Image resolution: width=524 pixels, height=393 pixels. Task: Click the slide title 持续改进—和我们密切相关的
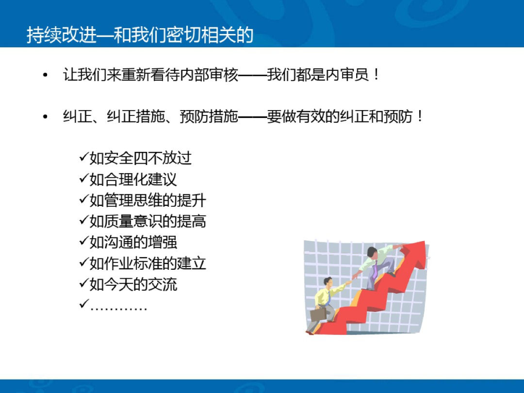click(x=140, y=35)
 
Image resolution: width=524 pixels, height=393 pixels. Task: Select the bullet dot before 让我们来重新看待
click(x=46, y=76)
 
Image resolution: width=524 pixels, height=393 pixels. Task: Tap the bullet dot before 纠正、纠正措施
click(x=46, y=117)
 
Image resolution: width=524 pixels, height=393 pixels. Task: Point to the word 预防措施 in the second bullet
click(x=209, y=117)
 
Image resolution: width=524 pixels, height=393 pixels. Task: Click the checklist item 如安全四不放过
click(x=140, y=158)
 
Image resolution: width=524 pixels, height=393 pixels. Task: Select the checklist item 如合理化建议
click(x=133, y=180)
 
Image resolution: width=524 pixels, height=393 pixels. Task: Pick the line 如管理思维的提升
click(x=147, y=200)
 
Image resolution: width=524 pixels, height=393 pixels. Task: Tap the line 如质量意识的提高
click(x=147, y=221)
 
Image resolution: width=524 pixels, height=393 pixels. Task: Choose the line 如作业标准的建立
click(x=147, y=263)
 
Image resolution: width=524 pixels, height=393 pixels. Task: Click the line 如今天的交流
click(x=133, y=284)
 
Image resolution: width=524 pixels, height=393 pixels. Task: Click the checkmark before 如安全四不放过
click(x=83, y=158)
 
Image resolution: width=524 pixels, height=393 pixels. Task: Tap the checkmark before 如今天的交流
click(x=83, y=284)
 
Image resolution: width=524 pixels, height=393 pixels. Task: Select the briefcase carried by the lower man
click(x=318, y=314)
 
